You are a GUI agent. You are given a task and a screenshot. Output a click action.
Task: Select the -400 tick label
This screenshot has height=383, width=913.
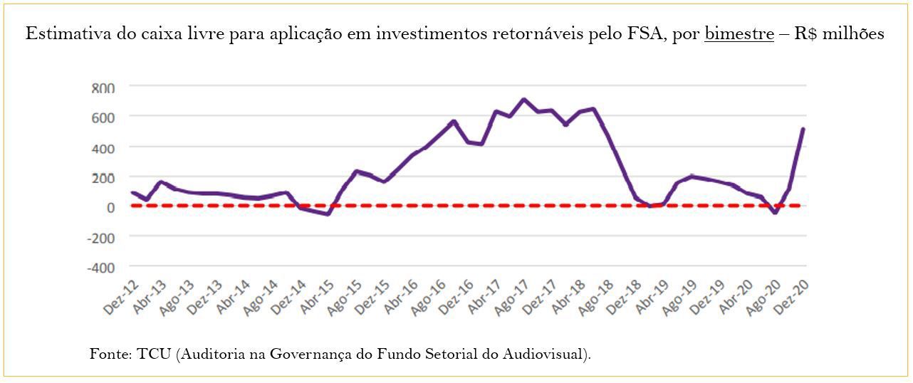101,267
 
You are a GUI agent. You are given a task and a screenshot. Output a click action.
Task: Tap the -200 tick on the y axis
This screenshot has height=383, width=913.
101,237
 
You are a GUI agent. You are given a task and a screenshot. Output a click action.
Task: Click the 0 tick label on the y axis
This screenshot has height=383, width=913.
110,207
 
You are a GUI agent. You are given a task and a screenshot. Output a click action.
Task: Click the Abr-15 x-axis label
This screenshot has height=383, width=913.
318,298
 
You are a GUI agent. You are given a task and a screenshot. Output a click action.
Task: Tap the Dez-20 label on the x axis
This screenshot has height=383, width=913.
793,297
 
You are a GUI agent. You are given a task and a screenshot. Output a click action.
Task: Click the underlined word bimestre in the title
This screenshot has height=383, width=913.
739,34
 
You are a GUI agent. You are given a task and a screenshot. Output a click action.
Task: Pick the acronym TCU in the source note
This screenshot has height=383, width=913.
153,354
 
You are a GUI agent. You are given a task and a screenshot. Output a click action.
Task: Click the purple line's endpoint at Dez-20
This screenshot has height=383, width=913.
803,130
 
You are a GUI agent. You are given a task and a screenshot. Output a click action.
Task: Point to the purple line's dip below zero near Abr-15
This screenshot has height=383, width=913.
328,214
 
